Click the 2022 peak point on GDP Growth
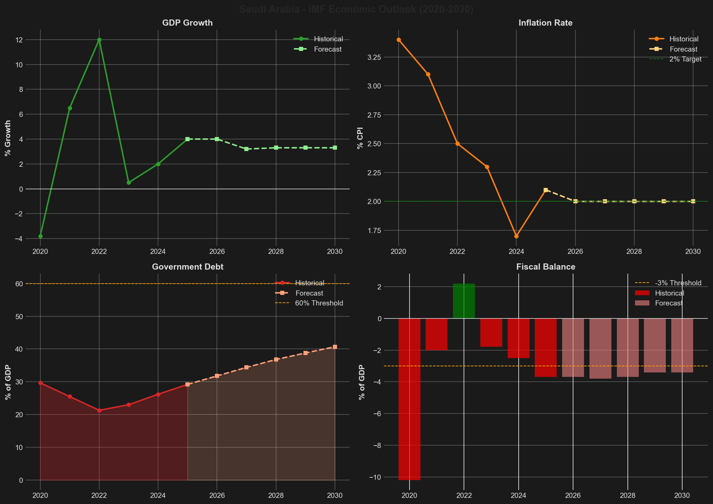click(99, 40)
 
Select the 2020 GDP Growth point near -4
click(40, 236)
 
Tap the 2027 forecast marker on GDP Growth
click(246, 149)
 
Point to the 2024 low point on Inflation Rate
click(516, 236)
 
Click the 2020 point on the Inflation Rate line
click(399, 40)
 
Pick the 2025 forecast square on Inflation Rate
click(546, 190)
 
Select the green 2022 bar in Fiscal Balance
click(464, 301)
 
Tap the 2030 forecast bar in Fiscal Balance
click(682, 345)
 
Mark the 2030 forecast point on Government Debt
click(335, 347)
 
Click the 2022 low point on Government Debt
click(99, 410)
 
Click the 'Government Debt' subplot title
click(187, 267)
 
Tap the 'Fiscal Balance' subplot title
click(546, 267)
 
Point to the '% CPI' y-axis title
click(360, 138)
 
